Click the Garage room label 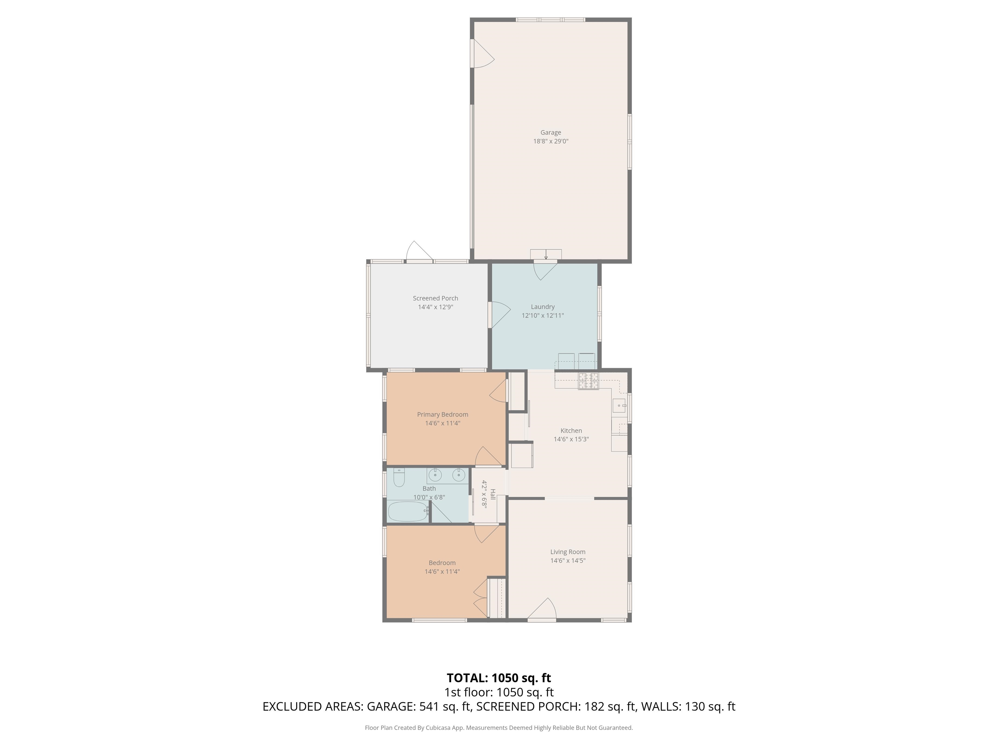[550, 132]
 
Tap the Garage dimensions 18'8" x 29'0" [550, 141]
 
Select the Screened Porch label [435, 298]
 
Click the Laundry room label [542, 306]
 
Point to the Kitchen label [571, 430]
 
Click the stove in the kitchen [588, 381]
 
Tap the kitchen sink [619, 406]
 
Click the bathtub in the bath [408, 512]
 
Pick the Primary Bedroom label [442, 414]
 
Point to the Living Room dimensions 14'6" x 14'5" [568, 560]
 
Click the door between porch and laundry [499, 314]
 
